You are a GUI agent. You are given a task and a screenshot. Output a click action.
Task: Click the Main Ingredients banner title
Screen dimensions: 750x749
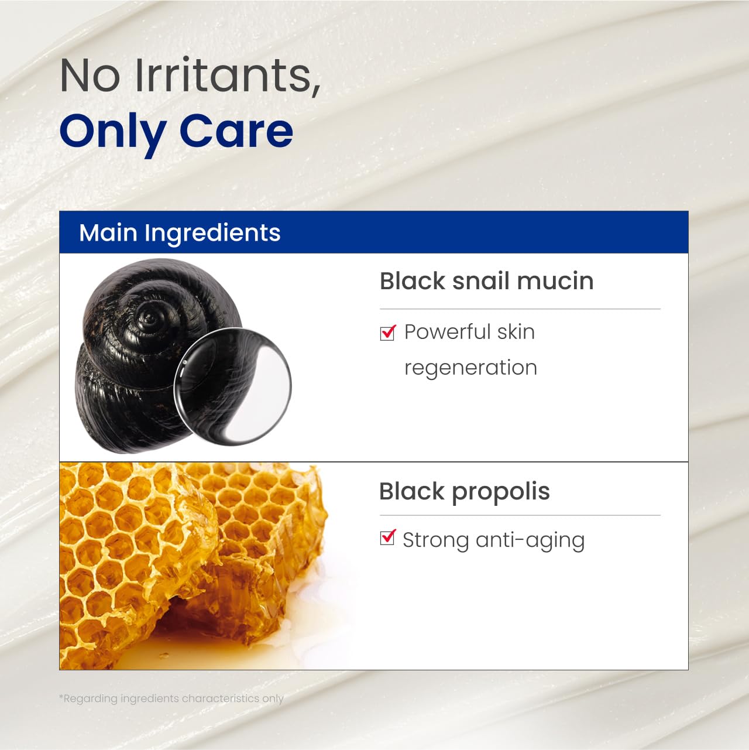tap(180, 232)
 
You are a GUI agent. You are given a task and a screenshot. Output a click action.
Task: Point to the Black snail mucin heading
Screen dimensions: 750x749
tap(486, 281)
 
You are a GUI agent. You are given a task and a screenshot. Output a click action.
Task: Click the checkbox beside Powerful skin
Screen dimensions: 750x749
tap(387, 333)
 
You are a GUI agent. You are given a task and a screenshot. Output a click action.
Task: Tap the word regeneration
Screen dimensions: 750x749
tap(470, 368)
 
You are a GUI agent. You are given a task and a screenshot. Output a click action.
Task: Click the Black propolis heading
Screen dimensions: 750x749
tap(464, 491)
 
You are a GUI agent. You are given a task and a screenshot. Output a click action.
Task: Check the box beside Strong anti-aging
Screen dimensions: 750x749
tap(387, 537)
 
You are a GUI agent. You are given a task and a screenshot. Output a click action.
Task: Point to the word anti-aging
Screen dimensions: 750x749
tap(530, 540)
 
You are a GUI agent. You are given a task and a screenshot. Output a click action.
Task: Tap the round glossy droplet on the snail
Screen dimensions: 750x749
tap(232, 386)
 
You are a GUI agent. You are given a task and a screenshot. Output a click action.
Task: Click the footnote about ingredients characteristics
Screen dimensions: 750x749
tap(171, 698)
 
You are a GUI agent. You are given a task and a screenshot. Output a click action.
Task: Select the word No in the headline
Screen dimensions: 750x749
tap(90, 76)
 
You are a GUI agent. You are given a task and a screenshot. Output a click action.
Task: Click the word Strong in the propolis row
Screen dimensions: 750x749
tap(435, 540)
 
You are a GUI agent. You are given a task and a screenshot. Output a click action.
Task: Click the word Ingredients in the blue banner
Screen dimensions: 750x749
tap(212, 233)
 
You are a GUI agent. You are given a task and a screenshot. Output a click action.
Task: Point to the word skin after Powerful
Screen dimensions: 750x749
tap(516, 332)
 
